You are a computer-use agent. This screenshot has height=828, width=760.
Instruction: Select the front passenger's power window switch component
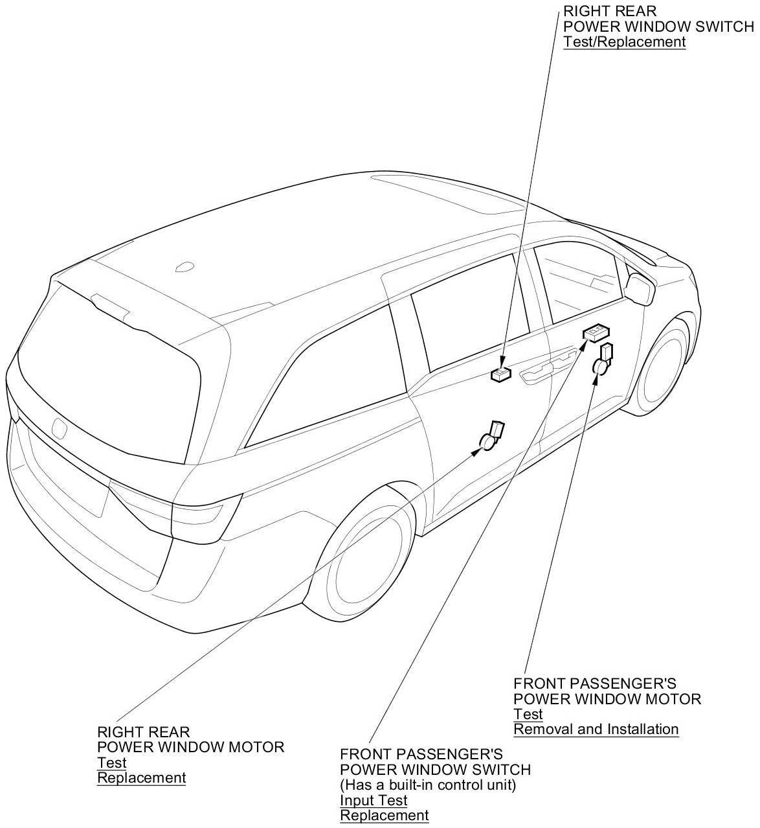pyautogui.click(x=596, y=334)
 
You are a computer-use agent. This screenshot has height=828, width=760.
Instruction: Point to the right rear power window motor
pyautogui.click(x=492, y=437)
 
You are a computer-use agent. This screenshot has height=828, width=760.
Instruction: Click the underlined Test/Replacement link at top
pyautogui.click(x=624, y=41)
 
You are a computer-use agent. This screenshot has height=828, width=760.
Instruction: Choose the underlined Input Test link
pyautogui.click(x=374, y=800)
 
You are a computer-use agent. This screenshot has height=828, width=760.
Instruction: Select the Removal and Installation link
pyautogui.click(x=596, y=729)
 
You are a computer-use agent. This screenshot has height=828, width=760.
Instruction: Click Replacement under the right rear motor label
pyautogui.click(x=141, y=777)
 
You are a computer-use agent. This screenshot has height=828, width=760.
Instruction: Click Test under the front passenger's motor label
pyautogui.click(x=528, y=714)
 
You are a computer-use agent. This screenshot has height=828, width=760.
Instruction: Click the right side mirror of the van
pyautogui.click(x=640, y=289)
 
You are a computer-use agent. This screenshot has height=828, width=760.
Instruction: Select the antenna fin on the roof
pyautogui.click(x=185, y=266)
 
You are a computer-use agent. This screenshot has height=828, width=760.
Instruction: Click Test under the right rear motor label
pyautogui.click(x=111, y=763)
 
